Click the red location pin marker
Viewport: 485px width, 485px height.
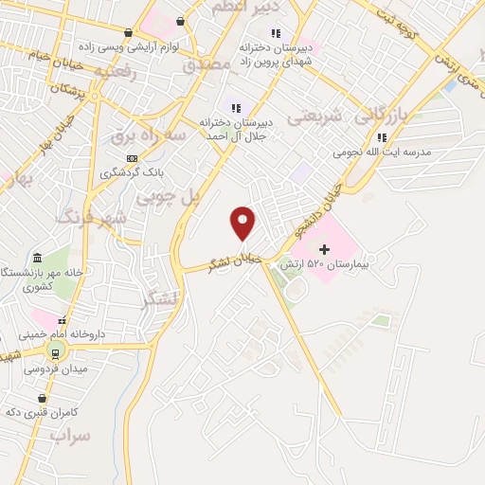click(x=243, y=222)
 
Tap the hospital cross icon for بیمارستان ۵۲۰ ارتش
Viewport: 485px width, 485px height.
click(x=325, y=248)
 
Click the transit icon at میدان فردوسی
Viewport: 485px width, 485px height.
click(x=53, y=356)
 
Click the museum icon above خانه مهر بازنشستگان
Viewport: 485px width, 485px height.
click(x=37, y=259)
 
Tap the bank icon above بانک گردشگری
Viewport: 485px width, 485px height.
click(x=133, y=158)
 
